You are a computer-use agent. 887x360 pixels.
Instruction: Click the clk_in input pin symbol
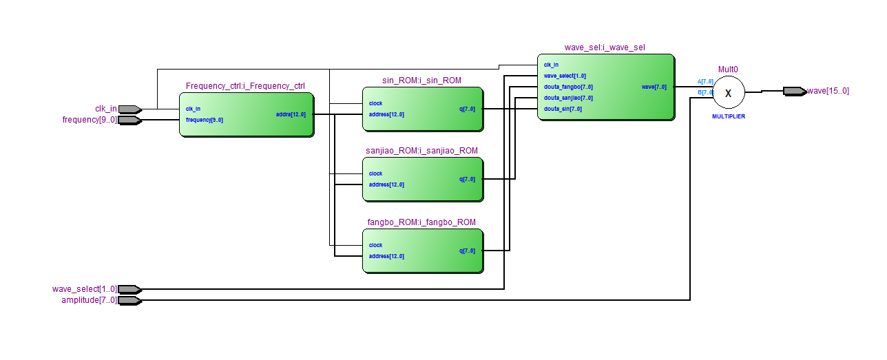[x=129, y=109]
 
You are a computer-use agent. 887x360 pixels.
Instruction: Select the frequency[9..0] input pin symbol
[x=129, y=120]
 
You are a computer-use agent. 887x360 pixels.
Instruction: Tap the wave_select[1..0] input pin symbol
[x=129, y=289]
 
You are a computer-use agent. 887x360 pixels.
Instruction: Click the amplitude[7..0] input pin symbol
[x=129, y=300]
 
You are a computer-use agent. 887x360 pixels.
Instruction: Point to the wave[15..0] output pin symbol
[x=794, y=91]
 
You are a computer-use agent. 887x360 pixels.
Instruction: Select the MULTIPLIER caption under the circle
[x=728, y=117]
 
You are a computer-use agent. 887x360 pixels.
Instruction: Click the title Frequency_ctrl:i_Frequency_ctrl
[x=245, y=86]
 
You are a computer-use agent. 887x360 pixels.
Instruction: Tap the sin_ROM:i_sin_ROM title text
[x=421, y=81]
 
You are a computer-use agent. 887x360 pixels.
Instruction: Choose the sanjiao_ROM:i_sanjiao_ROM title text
[x=421, y=151]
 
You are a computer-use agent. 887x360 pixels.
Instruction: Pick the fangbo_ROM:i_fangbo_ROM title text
[x=421, y=222]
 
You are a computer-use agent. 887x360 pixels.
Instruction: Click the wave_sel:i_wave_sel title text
[x=605, y=47]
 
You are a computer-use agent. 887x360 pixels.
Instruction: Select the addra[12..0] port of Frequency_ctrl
[x=291, y=114]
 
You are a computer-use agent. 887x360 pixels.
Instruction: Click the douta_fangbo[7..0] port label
[x=568, y=87]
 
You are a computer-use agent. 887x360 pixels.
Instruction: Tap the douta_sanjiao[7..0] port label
[x=568, y=98]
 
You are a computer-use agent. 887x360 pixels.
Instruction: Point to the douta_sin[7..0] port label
[x=563, y=109]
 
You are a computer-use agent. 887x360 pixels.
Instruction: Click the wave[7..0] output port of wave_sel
[x=654, y=87]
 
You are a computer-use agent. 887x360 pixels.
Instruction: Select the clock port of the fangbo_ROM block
[x=375, y=245]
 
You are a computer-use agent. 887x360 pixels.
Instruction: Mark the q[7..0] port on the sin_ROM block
[x=467, y=109]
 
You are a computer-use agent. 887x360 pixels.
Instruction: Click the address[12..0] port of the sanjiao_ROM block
[x=386, y=184]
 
